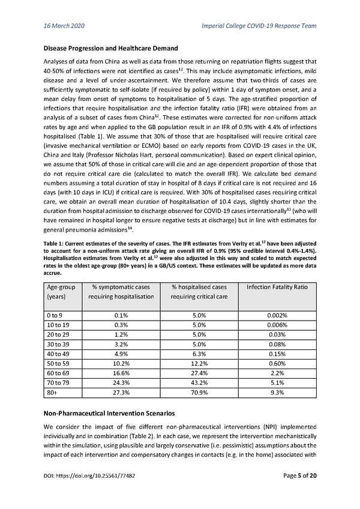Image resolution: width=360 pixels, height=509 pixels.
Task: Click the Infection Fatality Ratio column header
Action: [x=277, y=287]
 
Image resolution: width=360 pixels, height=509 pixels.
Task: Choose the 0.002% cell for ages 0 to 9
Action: [x=277, y=316]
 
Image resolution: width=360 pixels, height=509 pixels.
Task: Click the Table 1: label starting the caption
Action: [x=57, y=242]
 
